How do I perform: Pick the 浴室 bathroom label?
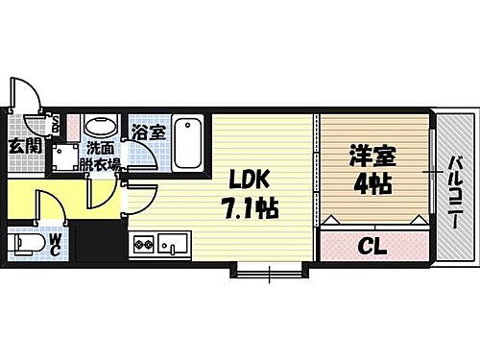(149, 133)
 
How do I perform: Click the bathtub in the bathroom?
(188, 142)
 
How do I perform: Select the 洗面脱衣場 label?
(103, 156)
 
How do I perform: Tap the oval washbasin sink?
(99, 128)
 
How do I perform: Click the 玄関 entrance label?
(25, 146)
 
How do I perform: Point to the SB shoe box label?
(56, 125)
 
